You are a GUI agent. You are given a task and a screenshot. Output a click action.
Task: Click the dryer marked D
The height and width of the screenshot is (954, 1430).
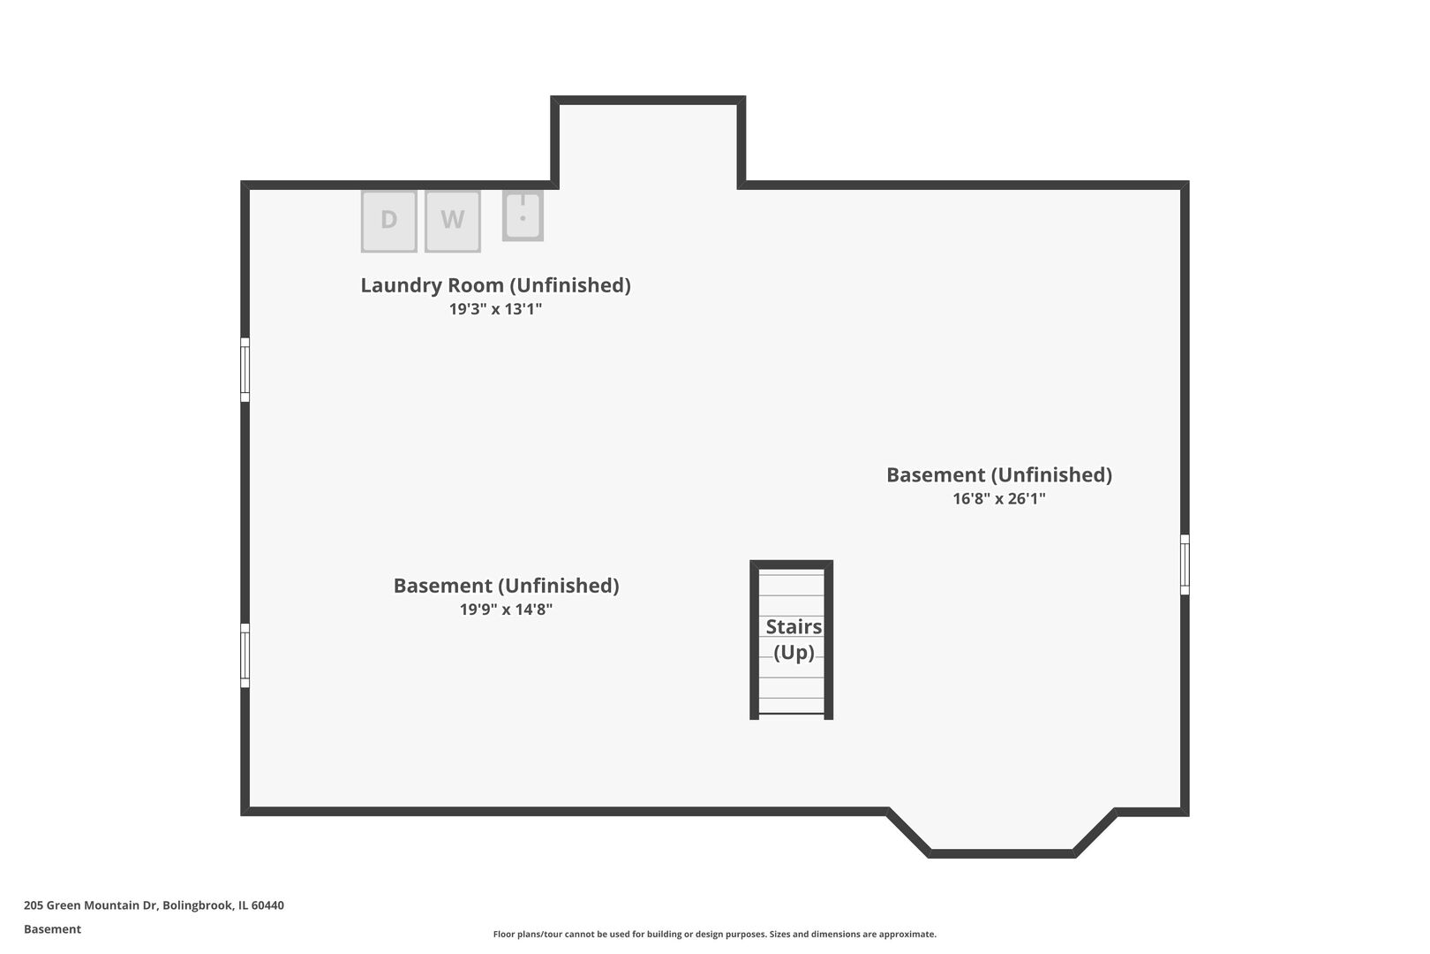pos(388,221)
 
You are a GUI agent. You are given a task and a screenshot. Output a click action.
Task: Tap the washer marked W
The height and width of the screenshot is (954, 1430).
pos(453,221)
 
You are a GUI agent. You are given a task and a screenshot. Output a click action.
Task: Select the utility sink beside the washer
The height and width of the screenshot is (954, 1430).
pos(523,216)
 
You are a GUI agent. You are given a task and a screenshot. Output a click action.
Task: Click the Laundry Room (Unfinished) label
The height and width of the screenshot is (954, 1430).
pos(495,285)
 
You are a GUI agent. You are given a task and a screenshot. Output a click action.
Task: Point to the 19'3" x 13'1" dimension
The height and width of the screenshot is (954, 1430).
pos(495,309)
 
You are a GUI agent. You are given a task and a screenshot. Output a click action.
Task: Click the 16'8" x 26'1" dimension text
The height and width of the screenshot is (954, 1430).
pos(999,498)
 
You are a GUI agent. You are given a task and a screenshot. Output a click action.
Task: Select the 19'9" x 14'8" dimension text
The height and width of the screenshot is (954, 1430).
pos(507,609)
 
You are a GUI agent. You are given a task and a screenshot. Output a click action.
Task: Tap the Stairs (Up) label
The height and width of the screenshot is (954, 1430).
pos(794,639)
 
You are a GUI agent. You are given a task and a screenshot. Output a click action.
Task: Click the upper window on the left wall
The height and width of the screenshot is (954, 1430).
pos(245,370)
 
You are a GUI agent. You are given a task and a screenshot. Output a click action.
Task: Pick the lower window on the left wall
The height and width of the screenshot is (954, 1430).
pos(245,655)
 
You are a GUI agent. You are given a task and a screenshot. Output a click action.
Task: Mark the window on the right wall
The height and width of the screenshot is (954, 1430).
pos(1185,564)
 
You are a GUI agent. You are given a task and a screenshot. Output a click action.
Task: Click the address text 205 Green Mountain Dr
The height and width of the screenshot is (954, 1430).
pos(90,905)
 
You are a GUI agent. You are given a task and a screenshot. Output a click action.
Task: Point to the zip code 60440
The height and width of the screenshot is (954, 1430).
pos(267,905)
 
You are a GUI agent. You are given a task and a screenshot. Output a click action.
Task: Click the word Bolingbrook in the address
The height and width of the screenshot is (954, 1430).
pos(198,905)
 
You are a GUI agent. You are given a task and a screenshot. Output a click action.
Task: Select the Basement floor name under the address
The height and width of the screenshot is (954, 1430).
pos(52,929)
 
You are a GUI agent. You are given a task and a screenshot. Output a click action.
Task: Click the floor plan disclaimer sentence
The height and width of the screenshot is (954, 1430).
pos(714,935)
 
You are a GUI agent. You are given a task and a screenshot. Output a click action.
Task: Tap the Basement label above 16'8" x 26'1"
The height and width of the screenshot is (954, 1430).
pos(999,474)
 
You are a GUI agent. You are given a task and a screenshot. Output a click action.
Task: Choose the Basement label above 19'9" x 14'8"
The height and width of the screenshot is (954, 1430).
pos(507,586)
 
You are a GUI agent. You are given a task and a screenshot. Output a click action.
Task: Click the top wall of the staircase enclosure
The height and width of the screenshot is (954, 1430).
pos(792,564)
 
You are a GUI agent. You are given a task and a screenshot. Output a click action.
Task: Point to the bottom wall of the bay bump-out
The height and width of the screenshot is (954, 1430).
pos(1002,853)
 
